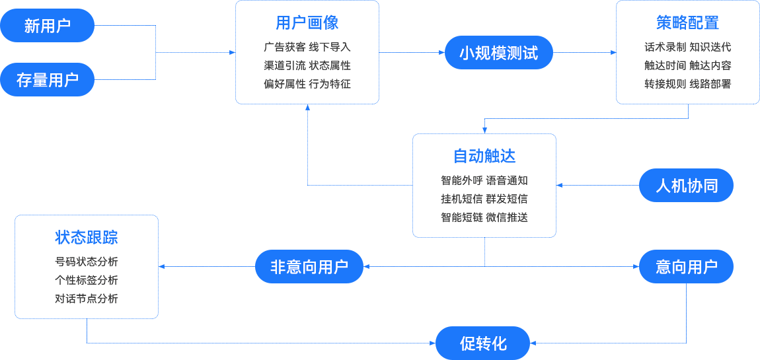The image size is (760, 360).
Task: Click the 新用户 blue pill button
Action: point(48,26)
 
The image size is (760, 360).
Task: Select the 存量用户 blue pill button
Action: point(48,80)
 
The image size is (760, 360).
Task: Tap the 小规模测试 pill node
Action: point(498,53)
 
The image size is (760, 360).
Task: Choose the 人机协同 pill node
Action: point(686,186)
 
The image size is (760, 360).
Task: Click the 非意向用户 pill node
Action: point(309,267)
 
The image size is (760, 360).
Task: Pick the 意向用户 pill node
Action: point(686,267)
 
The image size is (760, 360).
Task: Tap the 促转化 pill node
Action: point(483,343)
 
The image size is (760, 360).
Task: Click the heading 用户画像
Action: point(307,23)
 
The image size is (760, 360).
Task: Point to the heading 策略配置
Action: point(687,23)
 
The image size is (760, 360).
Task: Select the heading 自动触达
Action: point(484,157)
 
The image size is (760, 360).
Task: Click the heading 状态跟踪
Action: point(87,238)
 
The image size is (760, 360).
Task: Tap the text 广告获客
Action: point(284,48)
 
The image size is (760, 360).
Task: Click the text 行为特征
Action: point(330,84)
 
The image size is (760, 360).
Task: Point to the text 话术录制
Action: point(665,48)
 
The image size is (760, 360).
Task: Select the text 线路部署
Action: point(710,84)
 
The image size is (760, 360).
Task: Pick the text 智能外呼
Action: point(461,180)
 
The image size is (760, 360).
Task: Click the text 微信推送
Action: point(507,217)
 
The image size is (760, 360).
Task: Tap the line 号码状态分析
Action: point(87,262)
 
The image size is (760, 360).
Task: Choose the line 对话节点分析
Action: point(87,299)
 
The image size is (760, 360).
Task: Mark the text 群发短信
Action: point(507,199)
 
